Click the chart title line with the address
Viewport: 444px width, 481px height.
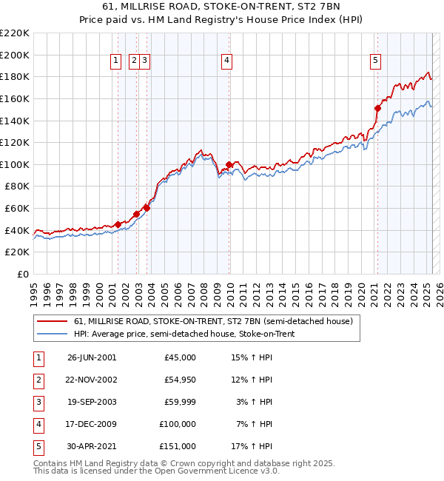pos(222,8)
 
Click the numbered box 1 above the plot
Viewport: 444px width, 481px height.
pos(117,61)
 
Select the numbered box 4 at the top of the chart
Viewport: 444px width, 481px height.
pos(226,61)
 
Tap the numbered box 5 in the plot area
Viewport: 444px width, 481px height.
pos(376,61)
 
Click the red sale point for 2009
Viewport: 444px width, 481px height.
pos(229,164)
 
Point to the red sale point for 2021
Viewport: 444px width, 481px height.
pos(377,108)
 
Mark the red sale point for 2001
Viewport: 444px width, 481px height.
pos(118,224)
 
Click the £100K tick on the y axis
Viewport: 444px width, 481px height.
pos(16,164)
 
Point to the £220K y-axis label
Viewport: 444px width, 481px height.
pos(16,33)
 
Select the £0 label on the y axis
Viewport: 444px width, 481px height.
pos(22,274)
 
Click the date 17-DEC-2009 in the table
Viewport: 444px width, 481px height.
pos(92,424)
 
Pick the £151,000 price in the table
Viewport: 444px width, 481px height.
pos(178,446)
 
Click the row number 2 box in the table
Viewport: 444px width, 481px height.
pos(37,380)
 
